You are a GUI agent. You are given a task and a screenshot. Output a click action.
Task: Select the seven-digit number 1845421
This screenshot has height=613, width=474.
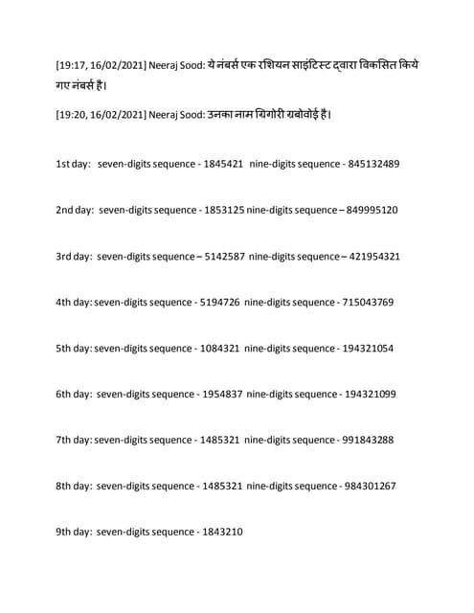(x=221, y=164)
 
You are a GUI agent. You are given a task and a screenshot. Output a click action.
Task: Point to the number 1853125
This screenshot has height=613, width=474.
(x=224, y=210)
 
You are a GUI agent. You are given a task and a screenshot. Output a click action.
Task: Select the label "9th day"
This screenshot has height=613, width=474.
(x=73, y=532)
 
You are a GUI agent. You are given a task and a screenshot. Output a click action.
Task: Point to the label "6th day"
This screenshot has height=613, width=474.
(x=73, y=394)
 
